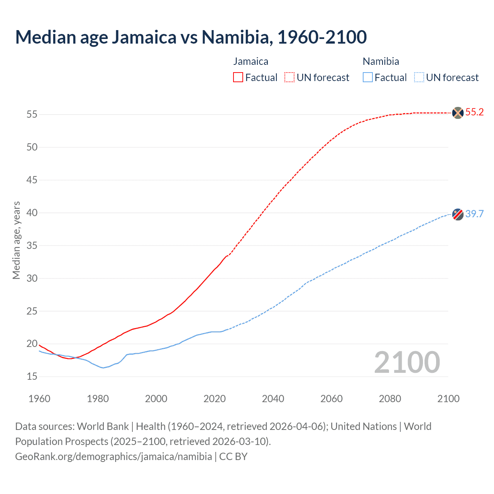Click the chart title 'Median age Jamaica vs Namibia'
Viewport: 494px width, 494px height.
(x=191, y=37)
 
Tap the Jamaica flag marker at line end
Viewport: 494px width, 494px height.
(x=458, y=113)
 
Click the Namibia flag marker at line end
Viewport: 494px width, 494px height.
(x=458, y=214)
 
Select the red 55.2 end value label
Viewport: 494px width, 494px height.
(x=474, y=112)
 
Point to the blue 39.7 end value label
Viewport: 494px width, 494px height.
(x=474, y=214)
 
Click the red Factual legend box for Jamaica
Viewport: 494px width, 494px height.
(x=238, y=78)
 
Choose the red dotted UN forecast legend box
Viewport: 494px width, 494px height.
(x=289, y=78)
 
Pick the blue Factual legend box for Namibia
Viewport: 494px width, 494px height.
(x=367, y=78)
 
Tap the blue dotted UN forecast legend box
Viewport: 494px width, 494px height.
(x=419, y=78)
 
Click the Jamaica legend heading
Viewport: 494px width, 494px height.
(x=250, y=61)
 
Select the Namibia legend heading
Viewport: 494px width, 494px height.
(x=381, y=61)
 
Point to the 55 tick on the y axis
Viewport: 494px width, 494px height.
(x=32, y=115)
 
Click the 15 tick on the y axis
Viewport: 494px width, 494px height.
(x=32, y=377)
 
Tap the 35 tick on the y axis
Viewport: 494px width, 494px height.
(x=32, y=245)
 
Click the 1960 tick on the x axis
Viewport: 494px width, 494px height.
(x=39, y=399)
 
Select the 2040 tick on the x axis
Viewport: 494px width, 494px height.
(x=273, y=399)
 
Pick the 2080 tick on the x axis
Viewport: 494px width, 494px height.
(x=390, y=399)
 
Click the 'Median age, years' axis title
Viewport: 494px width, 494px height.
(x=16, y=240)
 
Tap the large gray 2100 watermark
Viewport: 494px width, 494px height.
(x=407, y=362)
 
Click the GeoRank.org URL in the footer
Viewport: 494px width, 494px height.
(x=113, y=457)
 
